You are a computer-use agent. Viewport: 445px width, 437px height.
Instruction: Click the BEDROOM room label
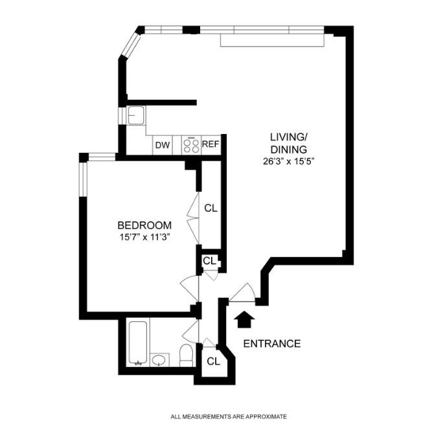[144, 225]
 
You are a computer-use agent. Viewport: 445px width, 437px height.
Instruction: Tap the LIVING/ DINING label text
[288, 143]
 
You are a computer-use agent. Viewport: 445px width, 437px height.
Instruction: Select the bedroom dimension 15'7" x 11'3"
[144, 238]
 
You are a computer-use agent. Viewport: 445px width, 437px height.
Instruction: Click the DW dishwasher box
[162, 146]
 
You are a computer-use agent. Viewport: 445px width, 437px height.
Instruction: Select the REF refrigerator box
[211, 146]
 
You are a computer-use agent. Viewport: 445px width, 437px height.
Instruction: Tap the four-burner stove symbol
[190, 146]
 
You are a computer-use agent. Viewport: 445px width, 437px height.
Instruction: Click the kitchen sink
[136, 115]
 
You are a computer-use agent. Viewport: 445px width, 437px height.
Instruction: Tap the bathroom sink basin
[159, 360]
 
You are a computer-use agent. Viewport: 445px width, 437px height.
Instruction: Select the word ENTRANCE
[271, 344]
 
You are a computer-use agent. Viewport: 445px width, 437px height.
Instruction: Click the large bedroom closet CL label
[211, 208]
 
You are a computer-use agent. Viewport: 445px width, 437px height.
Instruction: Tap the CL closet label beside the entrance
[213, 361]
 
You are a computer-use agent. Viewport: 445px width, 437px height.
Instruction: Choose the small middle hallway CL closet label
[209, 260]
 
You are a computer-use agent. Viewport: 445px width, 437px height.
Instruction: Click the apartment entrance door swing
[242, 293]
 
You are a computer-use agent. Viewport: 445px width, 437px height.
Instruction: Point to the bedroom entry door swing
[188, 286]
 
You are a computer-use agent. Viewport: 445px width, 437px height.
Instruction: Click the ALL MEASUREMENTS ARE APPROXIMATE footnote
[228, 417]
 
